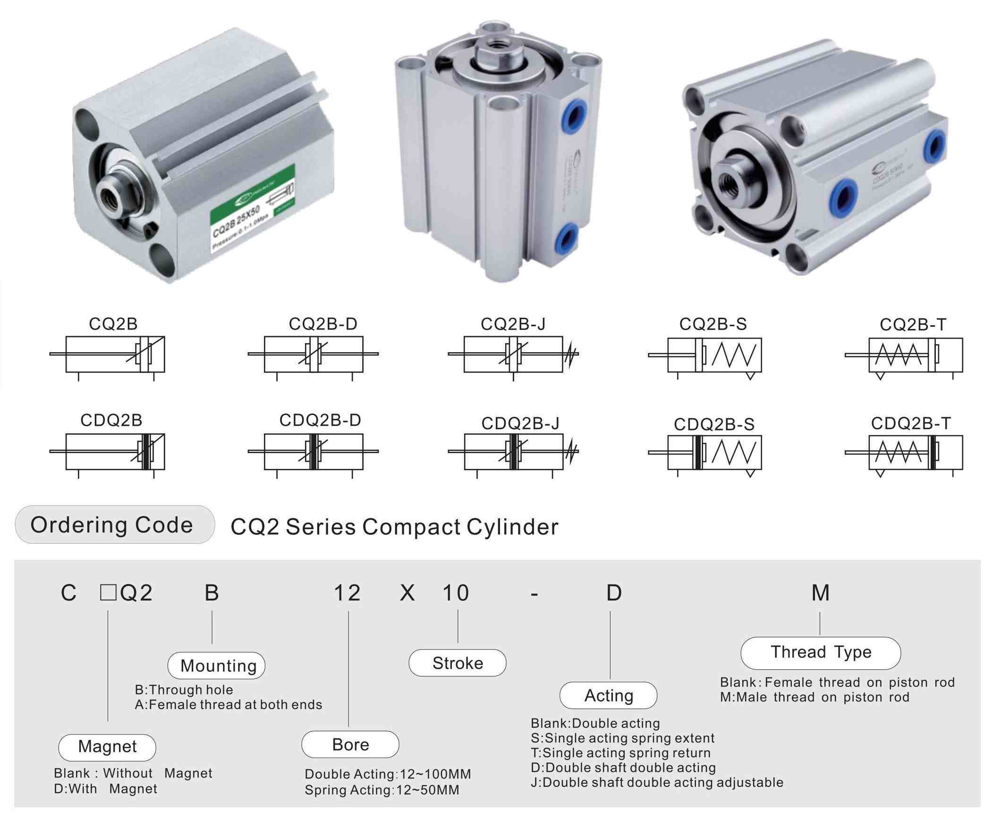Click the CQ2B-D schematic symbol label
click(323, 324)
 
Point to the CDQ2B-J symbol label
click(520, 423)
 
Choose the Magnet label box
click(107, 746)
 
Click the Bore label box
click(350, 744)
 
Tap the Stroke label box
click(457, 663)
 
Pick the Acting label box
click(609, 695)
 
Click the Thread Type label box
click(821, 652)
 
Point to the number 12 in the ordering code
click(347, 593)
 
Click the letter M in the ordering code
click(821, 593)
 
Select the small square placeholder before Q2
click(108, 592)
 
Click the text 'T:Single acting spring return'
click(620, 752)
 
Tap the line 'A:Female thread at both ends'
click(228, 705)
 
